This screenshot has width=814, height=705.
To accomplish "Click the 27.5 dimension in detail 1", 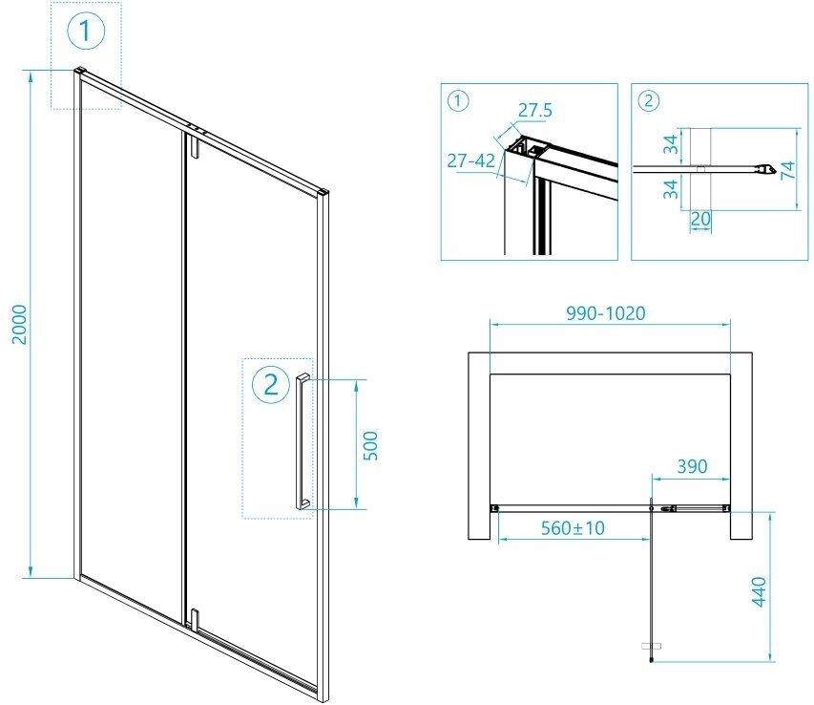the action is [534, 110].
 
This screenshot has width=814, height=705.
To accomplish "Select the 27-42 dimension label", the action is [470, 160].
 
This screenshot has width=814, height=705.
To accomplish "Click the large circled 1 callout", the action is [86, 32].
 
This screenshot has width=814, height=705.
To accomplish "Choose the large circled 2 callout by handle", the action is [271, 384].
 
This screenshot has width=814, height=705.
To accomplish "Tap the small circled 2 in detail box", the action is [649, 99].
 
